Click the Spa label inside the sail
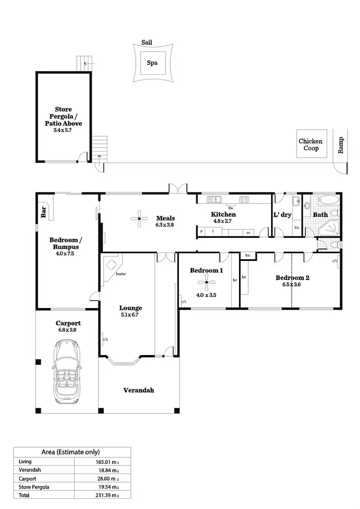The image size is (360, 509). click(152, 62)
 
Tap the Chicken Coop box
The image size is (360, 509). click(311, 144)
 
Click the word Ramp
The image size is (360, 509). click(341, 144)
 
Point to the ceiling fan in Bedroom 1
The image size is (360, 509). click(206, 283)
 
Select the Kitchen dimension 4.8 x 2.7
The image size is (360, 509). click(223, 221)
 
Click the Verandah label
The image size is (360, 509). click(138, 390)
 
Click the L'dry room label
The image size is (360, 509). click(283, 215)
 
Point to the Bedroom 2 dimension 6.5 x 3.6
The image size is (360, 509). click(292, 284)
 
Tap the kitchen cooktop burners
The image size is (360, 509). click(244, 200)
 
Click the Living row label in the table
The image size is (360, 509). click(25, 462)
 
